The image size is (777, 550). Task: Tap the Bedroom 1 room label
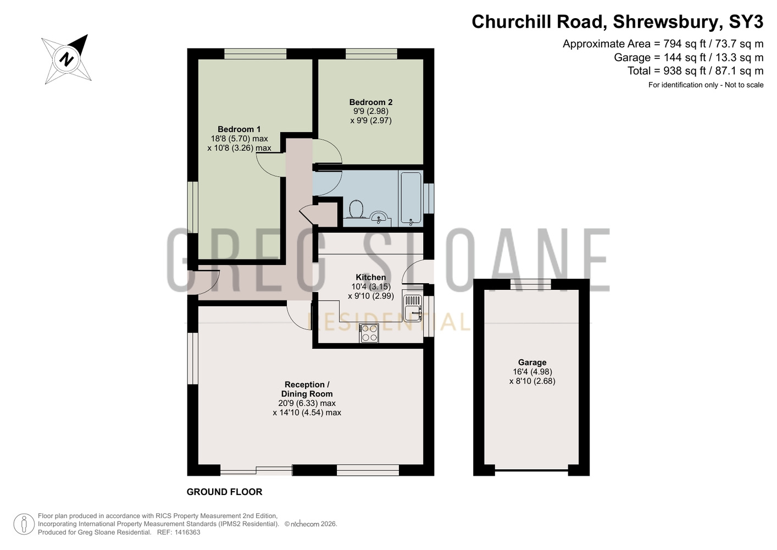(239, 129)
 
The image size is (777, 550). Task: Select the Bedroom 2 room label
(371, 102)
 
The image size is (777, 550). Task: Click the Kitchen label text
(371, 277)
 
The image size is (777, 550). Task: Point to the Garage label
(532, 362)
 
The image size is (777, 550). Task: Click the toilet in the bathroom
(356, 210)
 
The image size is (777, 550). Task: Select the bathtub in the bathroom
(410, 198)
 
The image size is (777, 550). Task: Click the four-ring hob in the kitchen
(369, 333)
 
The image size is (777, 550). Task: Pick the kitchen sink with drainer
(413, 307)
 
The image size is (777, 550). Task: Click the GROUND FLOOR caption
(224, 492)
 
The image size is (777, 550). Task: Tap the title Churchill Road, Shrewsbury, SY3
(618, 22)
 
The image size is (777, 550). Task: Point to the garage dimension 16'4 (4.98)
(532, 372)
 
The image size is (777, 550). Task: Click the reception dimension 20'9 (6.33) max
(307, 404)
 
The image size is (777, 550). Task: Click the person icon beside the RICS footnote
(24, 524)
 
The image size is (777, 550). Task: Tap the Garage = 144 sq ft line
(689, 57)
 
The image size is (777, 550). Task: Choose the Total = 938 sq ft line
(695, 71)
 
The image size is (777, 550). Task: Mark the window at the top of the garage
(531, 284)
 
